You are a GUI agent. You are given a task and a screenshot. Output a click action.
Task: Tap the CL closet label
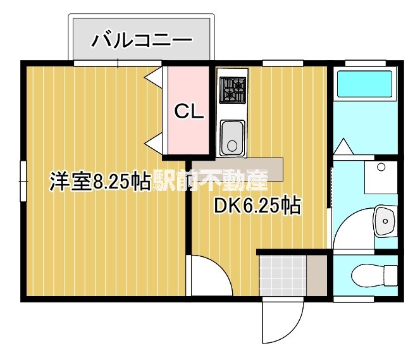point(189,112)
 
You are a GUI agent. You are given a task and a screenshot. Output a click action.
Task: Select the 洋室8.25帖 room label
point(100,182)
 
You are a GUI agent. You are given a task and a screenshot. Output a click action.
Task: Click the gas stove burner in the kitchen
point(232,89)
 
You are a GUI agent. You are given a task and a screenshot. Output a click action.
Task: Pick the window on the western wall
point(23,180)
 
